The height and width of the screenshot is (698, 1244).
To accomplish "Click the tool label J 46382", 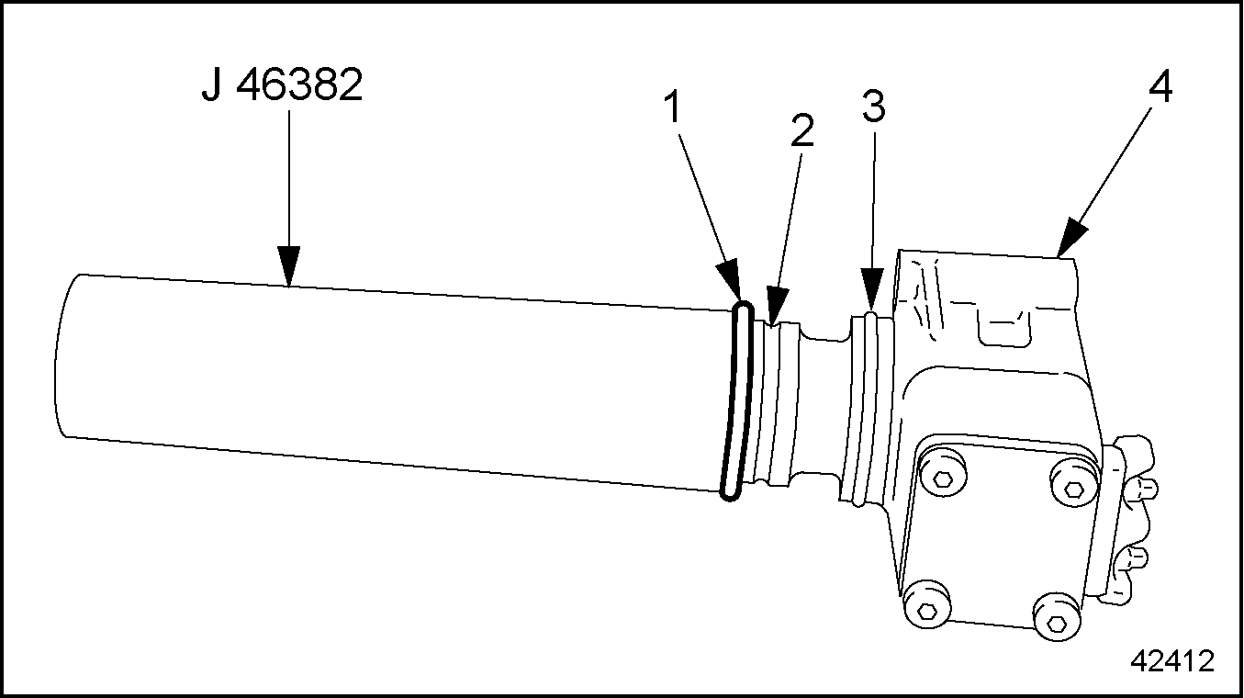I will [282, 87].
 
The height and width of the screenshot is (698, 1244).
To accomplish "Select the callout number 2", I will [801, 130].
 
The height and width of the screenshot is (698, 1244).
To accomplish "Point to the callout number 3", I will [873, 107].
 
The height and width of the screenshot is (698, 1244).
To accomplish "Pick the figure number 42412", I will [1171, 660].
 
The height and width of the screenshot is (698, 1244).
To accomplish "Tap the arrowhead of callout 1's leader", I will [732, 285].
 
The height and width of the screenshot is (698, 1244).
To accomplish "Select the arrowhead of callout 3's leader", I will [871, 294].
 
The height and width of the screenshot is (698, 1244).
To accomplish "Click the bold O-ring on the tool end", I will [736, 402].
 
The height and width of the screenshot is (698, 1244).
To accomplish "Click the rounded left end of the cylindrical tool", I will [61, 354].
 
